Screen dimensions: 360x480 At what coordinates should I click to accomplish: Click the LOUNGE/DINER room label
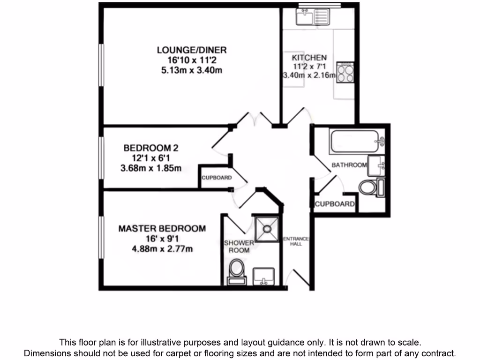tap(192, 50)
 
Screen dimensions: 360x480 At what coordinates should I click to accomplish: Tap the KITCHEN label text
tap(309, 58)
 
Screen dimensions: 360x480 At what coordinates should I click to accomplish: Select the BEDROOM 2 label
tap(150, 148)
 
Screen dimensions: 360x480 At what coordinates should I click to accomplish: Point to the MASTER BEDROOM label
tap(162, 229)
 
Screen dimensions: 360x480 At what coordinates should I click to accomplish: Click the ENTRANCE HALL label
tap(296, 241)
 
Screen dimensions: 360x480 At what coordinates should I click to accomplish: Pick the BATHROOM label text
tap(349, 165)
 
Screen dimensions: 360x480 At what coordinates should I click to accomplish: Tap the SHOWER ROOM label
tap(239, 247)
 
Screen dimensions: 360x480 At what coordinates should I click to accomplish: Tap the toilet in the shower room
tap(237, 271)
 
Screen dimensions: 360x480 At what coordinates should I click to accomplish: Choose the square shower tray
tap(266, 229)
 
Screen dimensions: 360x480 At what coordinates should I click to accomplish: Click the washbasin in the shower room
tap(265, 276)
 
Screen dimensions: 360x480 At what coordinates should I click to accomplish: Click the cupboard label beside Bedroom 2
tap(217, 178)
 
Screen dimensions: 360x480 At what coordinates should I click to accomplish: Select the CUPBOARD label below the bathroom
tap(334, 204)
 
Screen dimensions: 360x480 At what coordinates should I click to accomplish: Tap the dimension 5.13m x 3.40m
tap(192, 71)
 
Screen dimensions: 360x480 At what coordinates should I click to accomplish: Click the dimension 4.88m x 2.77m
tap(162, 249)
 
